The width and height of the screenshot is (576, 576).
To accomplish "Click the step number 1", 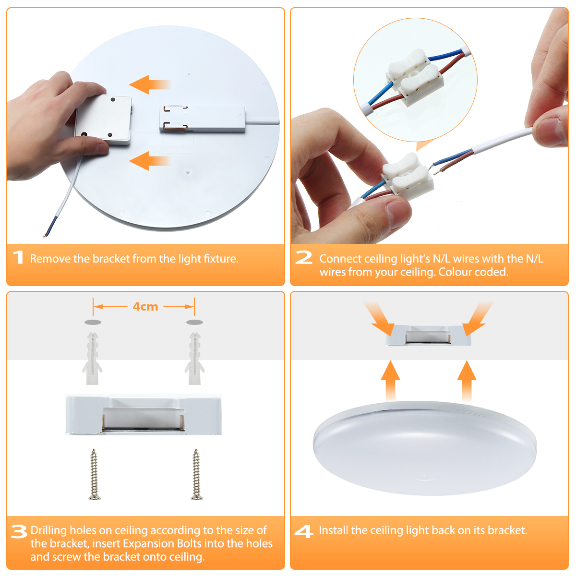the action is pyautogui.click(x=19, y=257).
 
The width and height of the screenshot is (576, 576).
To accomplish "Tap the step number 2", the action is pyautogui.click(x=304, y=257).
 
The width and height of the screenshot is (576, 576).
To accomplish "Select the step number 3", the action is pyautogui.click(x=19, y=532).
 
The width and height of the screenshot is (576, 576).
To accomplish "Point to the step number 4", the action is pyautogui.click(x=304, y=531).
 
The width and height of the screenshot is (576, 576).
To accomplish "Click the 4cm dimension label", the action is pyautogui.click(x=145, y=307).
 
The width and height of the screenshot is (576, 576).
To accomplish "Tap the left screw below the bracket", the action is pyautogui.click(x=94, y=474).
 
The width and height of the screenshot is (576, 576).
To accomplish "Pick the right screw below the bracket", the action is pyautogui.click(x=196, y=474).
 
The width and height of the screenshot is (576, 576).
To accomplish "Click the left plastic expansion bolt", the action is pyautogui.click(x=92, y=358).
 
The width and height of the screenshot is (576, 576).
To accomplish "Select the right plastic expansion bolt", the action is pyautogui.click(x=194, y=358).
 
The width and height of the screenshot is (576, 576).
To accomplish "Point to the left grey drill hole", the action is pyautogui.click(x=93, y=322).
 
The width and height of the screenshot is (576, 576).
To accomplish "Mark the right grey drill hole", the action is pyautogui.click(x=194, y=322).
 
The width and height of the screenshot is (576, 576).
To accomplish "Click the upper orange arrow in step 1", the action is pyautogui.click(x=150, y=84).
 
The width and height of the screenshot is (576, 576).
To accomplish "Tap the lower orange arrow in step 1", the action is pyautogui.click(x=150, y=161).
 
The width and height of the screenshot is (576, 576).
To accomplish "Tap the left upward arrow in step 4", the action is pyautogui.click(x=390, y=381).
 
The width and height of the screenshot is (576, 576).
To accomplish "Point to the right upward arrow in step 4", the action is pyautogui.click(x=467, y=381).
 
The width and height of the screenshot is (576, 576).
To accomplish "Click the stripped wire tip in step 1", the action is pyautogui.click(x=44, y=237).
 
